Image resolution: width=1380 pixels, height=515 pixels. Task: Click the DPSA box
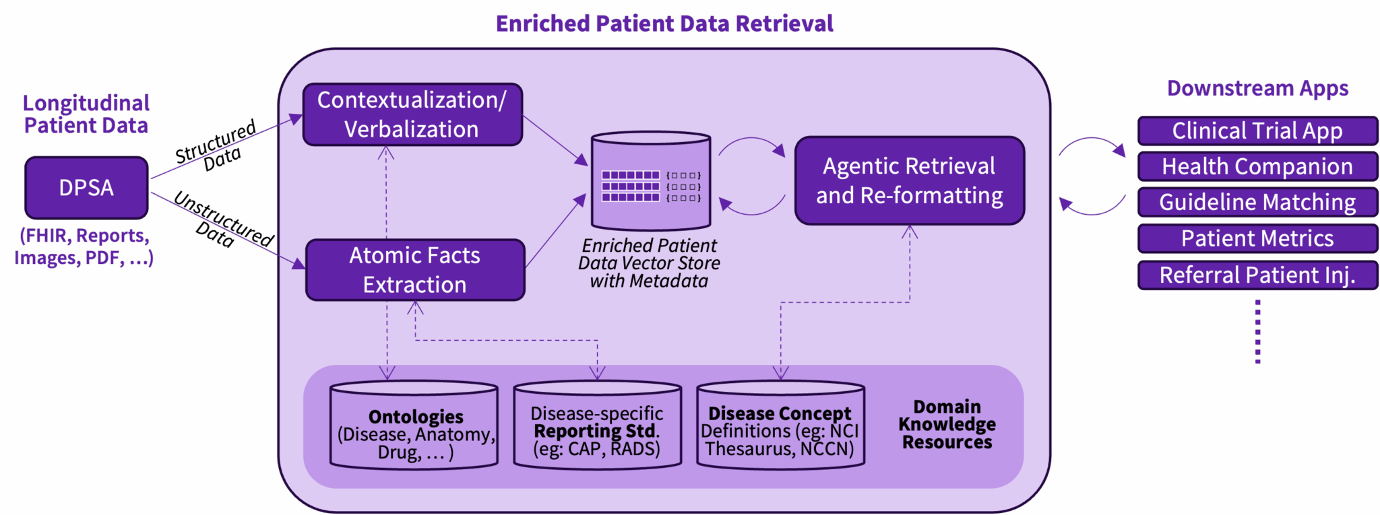[x=86, y=188]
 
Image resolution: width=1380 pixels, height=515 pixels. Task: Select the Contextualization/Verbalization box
[x=412, y=114]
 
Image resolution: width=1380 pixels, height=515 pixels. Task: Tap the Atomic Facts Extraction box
[x=414, y=270]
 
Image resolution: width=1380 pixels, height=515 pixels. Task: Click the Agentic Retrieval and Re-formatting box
[x=909, y=180]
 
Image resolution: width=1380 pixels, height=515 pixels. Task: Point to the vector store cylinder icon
[x=650, y=182]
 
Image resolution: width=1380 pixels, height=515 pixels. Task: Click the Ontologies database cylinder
[x=414, y=426]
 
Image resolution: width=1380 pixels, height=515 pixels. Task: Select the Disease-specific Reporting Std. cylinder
[x=597, y=426]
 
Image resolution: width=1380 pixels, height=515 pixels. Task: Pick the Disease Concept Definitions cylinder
[x=780, y=426]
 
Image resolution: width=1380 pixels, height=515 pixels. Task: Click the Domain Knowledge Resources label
[x=947, y=425]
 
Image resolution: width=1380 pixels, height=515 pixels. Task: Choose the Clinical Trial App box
[x=1257, y=131]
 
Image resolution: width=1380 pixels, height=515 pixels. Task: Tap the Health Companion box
[x=1257, y=166]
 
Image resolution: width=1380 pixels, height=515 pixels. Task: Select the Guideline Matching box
[x=1257, y=202]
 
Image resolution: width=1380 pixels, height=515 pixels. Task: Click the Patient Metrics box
[x=1257, y=238]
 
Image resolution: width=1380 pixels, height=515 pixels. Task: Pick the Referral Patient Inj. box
[x=1257, y=275]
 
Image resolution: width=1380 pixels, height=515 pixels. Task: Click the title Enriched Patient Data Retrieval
[x=664, y=24]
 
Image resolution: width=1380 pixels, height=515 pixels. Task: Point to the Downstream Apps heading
[x=1257, y=88]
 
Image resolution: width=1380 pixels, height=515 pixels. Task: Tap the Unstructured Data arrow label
[x=222, y=221]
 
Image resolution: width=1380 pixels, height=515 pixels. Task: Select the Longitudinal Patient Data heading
[x=86, y=114]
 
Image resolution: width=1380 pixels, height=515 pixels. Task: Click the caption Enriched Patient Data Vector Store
[x=649, y=263]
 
